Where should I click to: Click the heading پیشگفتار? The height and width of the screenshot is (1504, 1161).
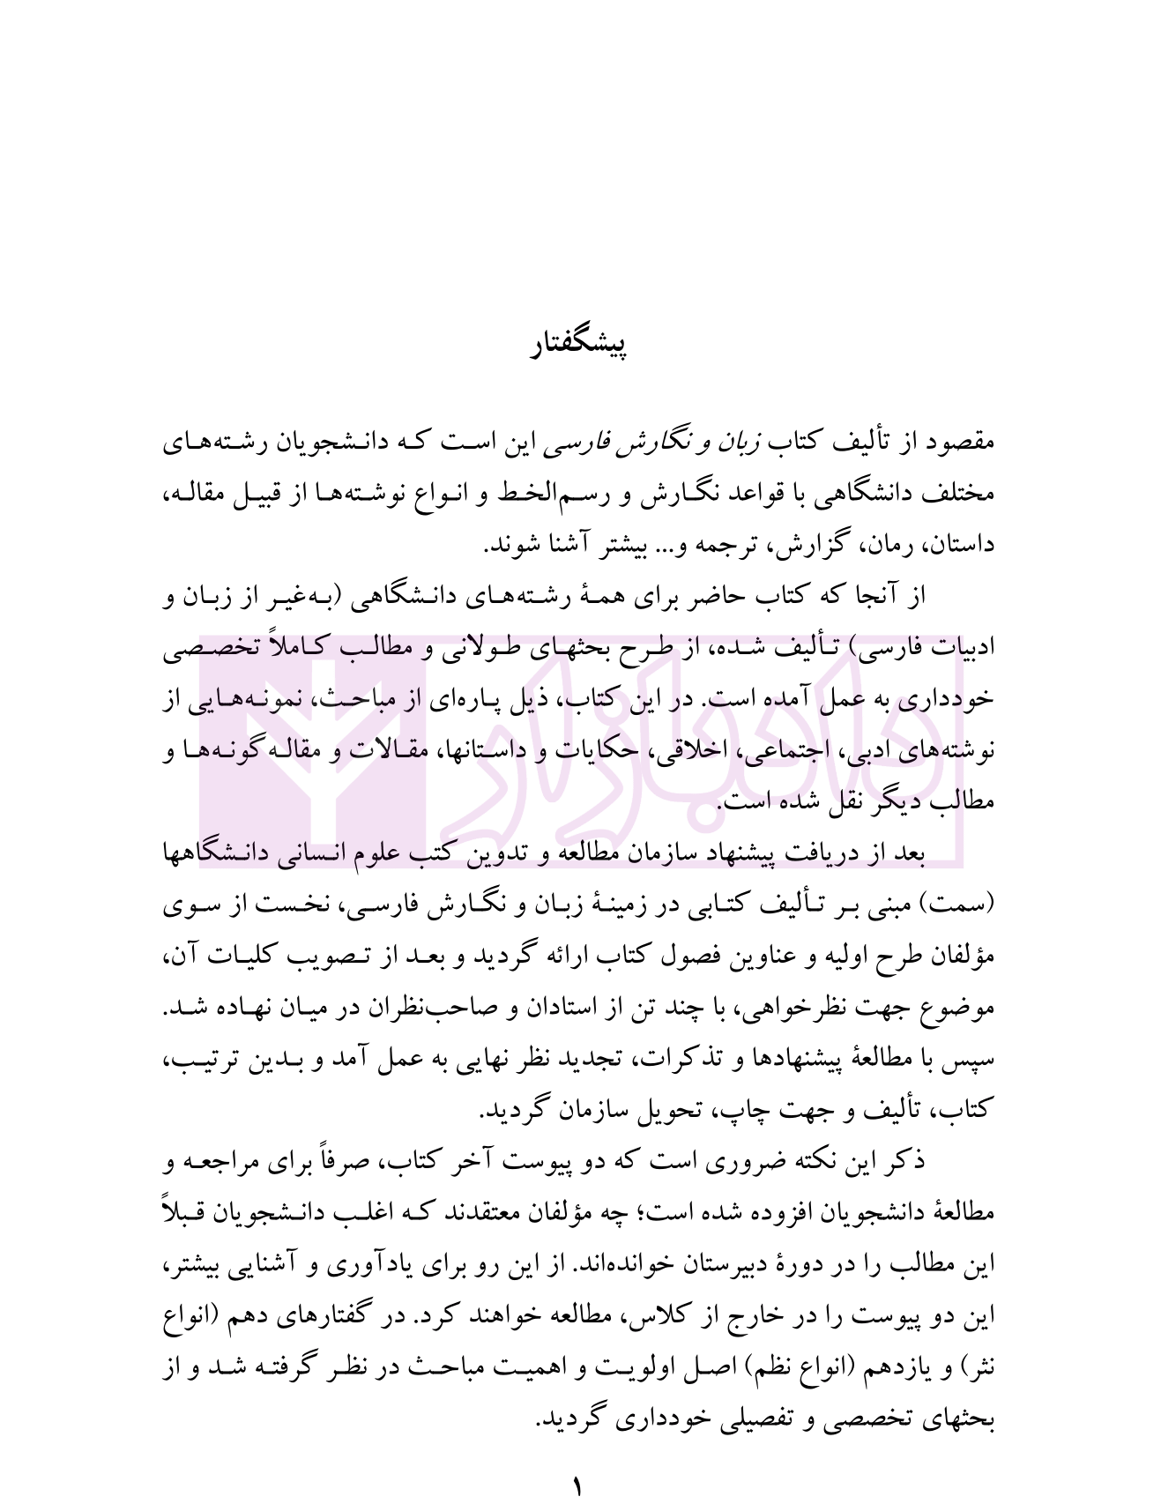579,346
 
